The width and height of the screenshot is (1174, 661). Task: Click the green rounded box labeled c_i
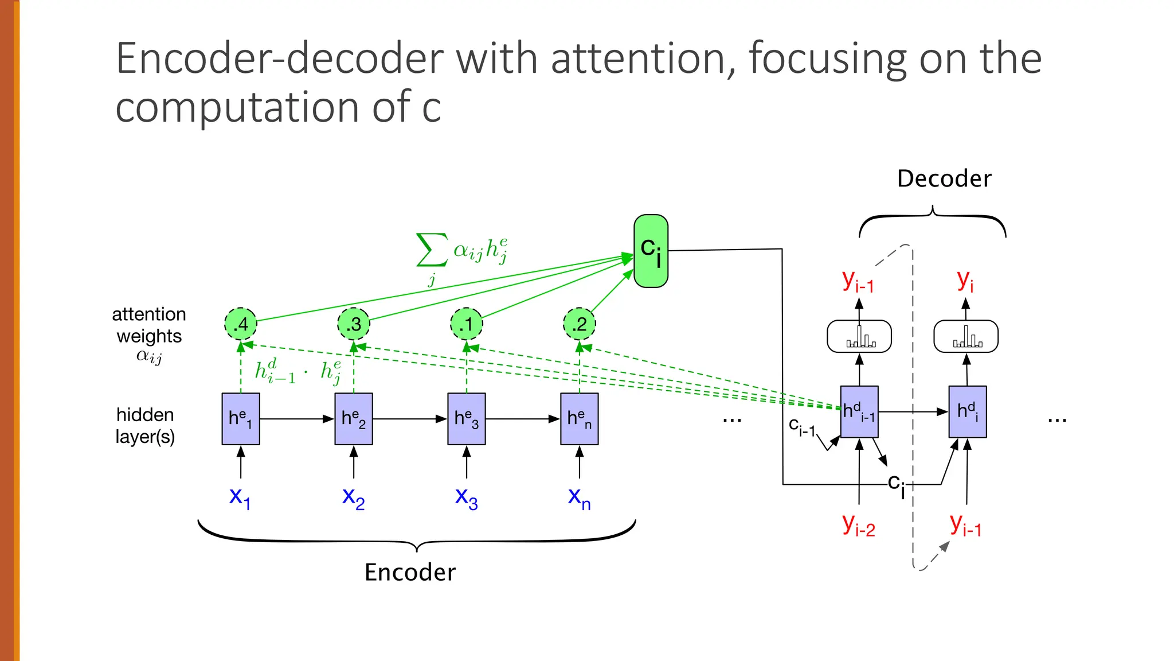651,251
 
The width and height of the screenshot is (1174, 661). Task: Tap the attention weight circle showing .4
241,324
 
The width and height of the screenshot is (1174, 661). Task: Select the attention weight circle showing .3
354,324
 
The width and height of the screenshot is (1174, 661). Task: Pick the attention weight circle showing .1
467,324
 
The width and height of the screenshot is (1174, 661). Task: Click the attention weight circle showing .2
580,324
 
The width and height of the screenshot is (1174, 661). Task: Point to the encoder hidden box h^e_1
241,419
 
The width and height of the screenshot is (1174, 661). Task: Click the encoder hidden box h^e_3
467,419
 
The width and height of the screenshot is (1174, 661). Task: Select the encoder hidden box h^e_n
580,419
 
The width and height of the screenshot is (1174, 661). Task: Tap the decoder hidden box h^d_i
968,412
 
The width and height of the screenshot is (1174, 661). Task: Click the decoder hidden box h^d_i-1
859,412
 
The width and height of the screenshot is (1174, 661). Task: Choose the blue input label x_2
353,497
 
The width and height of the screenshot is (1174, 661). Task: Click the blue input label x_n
579,497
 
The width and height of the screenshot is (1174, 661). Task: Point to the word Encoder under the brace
410,572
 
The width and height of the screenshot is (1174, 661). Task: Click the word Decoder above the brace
944,178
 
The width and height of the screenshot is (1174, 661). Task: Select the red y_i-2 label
859,525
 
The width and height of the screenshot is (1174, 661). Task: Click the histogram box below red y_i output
966,336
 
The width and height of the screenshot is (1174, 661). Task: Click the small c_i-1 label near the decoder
801,427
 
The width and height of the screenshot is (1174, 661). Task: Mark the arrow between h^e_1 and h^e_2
296,419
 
